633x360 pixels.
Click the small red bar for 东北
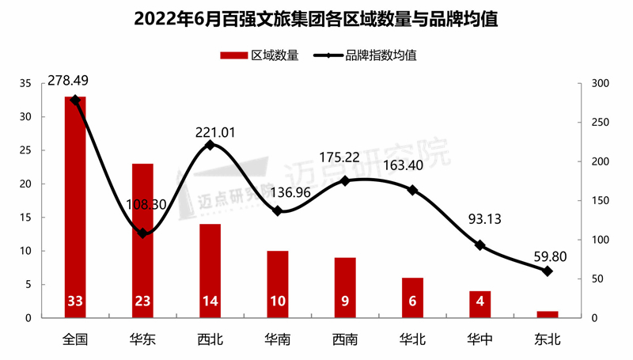(x=547, y=314)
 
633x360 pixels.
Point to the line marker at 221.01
(x=210, y=146)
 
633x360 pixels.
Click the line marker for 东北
(x=547, y=271)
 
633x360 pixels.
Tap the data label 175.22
(x=340, y=157)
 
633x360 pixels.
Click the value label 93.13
(x=485, y=219)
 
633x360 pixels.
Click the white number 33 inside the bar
(x=75, y=301)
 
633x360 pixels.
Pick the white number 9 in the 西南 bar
(x=345, y=301)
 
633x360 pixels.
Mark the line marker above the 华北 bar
(x=412, y=190)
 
